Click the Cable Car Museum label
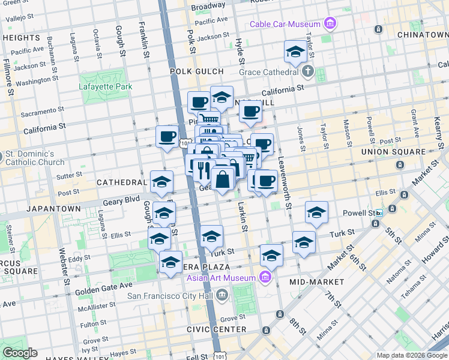click(x=285, y=24)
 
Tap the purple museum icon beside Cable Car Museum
click(x=330, y=24)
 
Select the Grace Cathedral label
click(x=268, y=72)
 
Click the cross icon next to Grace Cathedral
click(x=308, y=72)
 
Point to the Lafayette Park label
click(x=106, y=86)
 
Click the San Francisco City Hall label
click(x=171, y=295)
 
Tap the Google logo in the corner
click(x=20, y=353)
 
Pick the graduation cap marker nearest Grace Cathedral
click(x=295, y=53)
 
